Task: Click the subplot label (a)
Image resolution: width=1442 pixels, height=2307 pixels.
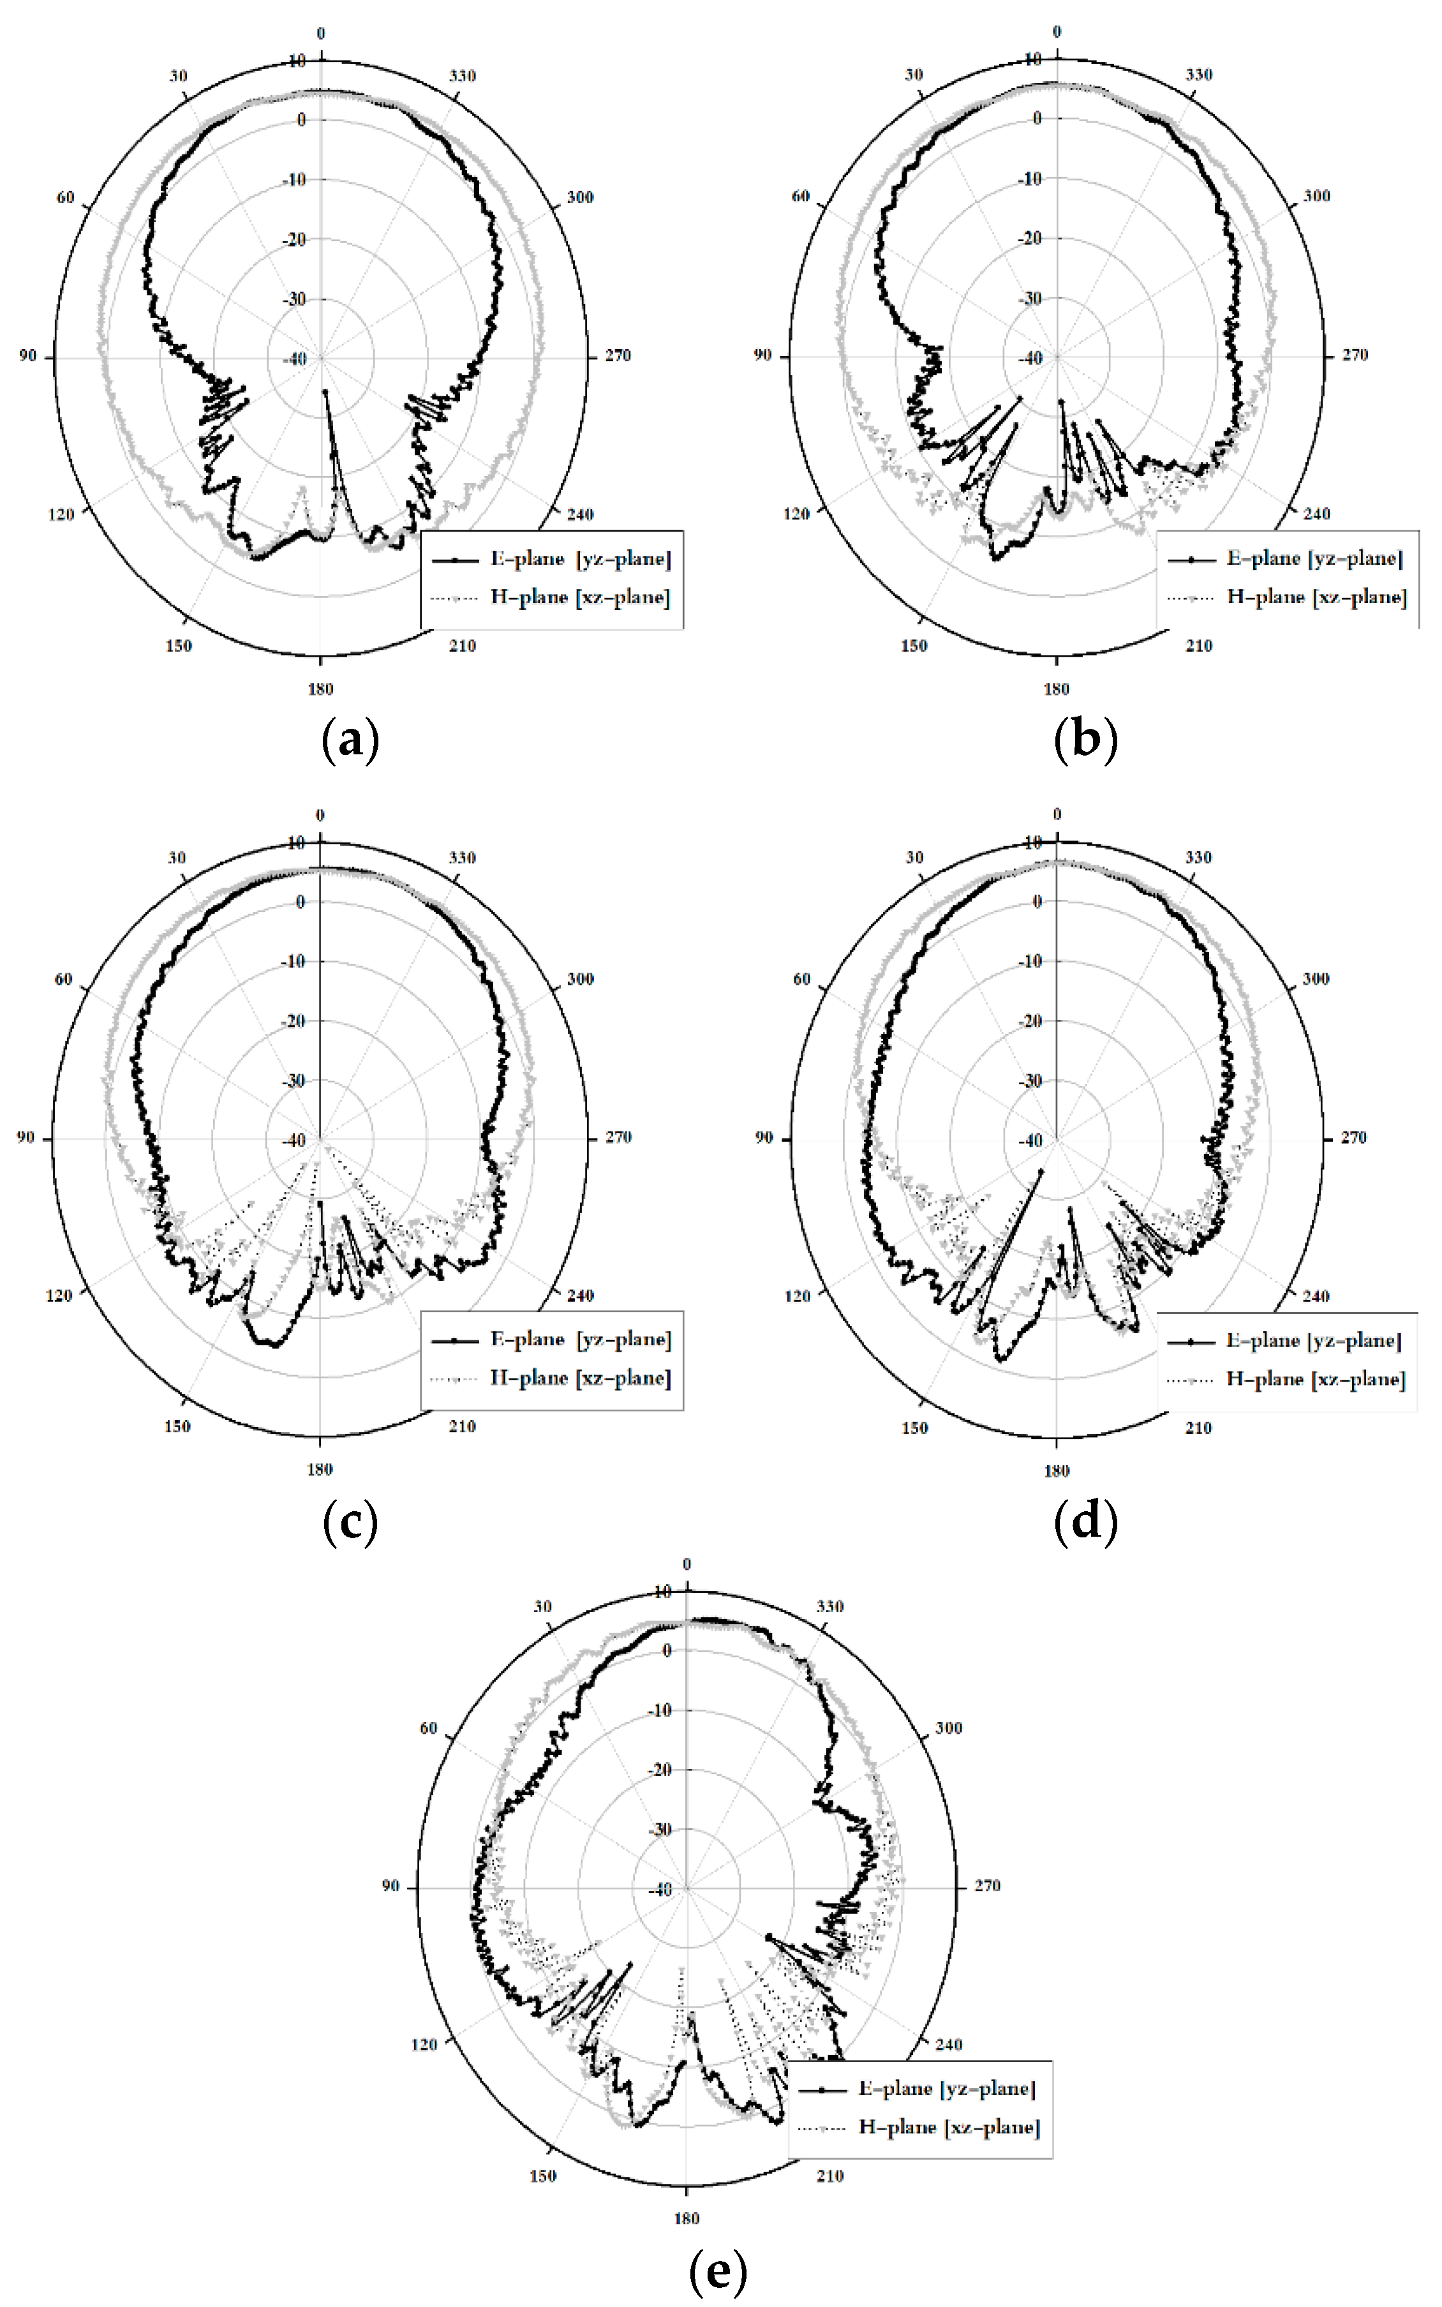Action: [x=351, y=740]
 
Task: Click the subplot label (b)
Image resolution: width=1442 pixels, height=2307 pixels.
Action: [x=1085, y=740]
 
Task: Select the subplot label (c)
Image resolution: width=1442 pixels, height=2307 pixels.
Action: [x=351, y=1522]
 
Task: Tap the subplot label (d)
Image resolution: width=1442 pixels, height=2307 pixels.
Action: [x=1085, y=1522]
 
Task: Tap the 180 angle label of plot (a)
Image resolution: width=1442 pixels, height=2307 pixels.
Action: [x=320, y=689]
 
